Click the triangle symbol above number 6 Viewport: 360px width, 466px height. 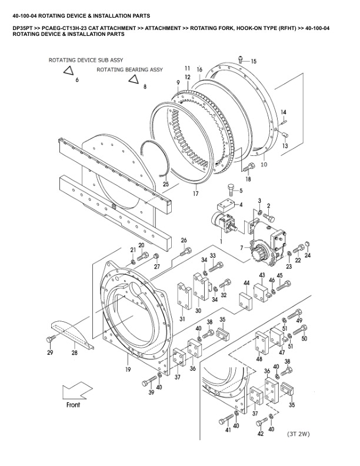click(x=69, y=71)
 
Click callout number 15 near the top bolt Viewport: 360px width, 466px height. click(x=254, y=61)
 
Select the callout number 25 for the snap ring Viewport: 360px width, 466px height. click(x=166, y=185)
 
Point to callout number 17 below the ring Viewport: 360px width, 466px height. click(x=196, y=193)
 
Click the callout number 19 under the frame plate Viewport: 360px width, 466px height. click(x=128, y=370)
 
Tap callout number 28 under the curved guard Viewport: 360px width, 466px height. click(x=75, y=353)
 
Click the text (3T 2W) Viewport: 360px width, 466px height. click(x=299, y=435)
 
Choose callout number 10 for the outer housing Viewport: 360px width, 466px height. click(x=264, y=164)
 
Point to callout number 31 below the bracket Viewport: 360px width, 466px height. click(x=183, y=319)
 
